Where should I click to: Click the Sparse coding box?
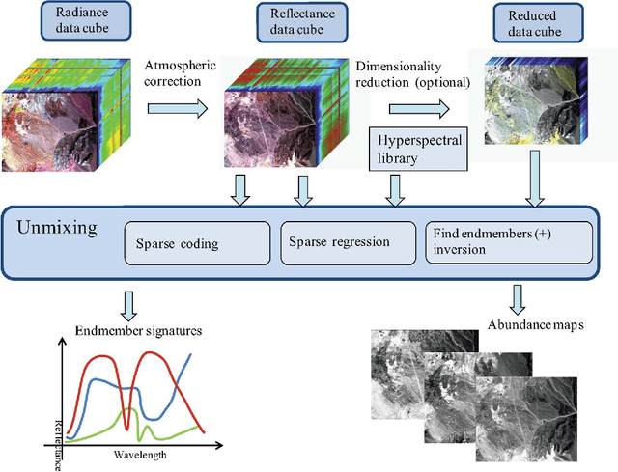point(198,244)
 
